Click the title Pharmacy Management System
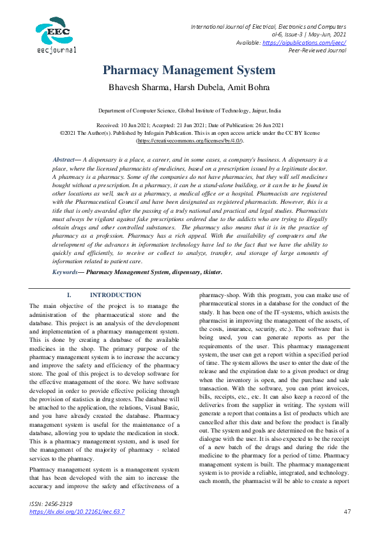[x=189, y=70]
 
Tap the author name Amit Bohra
[x=245, y=86]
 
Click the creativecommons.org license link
[x=190, y=139]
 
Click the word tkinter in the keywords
[x=210, y=272]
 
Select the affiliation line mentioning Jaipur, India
[x=190, y=111]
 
